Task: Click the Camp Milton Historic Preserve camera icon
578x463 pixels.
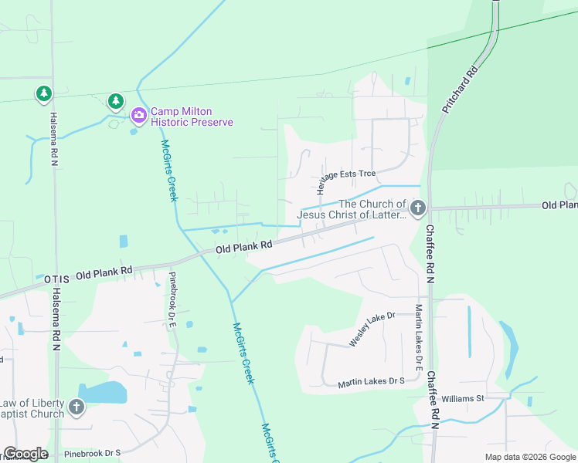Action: [x=139, y=116]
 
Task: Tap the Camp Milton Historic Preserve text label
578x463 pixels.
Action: [x=191, y=117]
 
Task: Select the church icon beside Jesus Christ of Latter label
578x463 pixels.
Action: [x=418, y=208]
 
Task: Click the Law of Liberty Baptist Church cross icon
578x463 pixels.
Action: [x=76, y=407]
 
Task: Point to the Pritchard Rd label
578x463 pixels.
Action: [x=461, y=88]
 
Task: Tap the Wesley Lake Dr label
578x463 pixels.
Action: [x=372, y=330]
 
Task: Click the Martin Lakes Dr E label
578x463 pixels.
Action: [x=418, y=337]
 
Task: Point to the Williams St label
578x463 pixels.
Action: [x=462, y=399]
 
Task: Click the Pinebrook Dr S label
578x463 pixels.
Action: [x=92, y=454]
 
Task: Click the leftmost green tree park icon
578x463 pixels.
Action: [x=44, y=94]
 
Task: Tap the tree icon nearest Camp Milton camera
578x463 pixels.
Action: [x=115, y=100]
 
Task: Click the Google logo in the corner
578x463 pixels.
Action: [x=25, y=454]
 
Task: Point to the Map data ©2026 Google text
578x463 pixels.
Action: [x=530, y=457]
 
